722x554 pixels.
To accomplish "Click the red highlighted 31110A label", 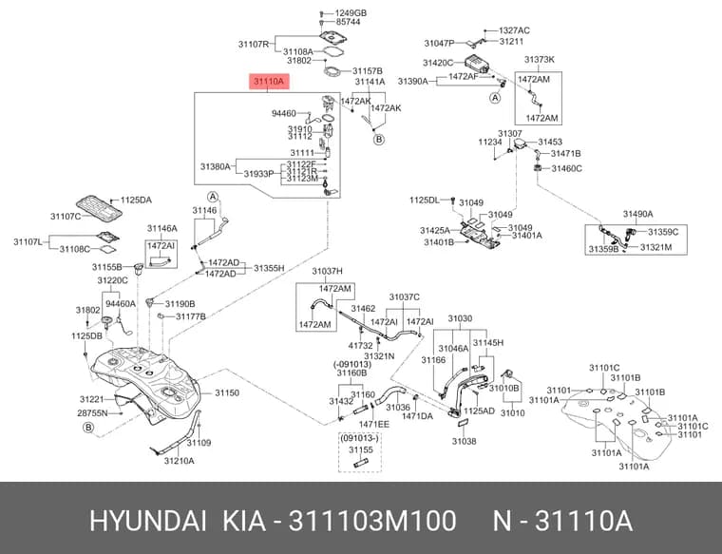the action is [x=270, y=82].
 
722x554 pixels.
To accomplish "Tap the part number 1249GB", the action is [x=351, y=13].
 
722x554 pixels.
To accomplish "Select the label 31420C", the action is [x=438, y=63].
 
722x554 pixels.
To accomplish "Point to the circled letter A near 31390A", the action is [x=495, y=98].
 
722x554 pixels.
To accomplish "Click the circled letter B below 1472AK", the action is [x=378, y=139].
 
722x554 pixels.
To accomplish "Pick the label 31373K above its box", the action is [x=540, y=60].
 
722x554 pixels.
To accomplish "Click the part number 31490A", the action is [x=637, y=214].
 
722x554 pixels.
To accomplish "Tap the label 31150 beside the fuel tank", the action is [x=227, y=392].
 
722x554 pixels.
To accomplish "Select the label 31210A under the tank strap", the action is [x=180, y=461].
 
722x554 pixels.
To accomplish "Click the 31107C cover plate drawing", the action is [x=99, y=207].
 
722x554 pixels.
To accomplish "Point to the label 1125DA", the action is [x=136, y=200].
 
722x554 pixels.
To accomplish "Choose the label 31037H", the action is [x=327, y=271].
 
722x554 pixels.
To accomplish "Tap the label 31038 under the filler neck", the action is [x=464, y=441].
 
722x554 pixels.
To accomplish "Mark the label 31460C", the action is [x=566, y=168].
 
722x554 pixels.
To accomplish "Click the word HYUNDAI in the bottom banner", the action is [x=148, y=521].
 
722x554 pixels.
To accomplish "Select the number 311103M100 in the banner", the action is [x=372, y=521].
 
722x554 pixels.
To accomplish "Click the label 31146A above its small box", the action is [x=162, y=228].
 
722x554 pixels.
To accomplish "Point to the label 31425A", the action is [x=435, y=230].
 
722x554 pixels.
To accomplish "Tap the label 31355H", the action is [x=269, y=268].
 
